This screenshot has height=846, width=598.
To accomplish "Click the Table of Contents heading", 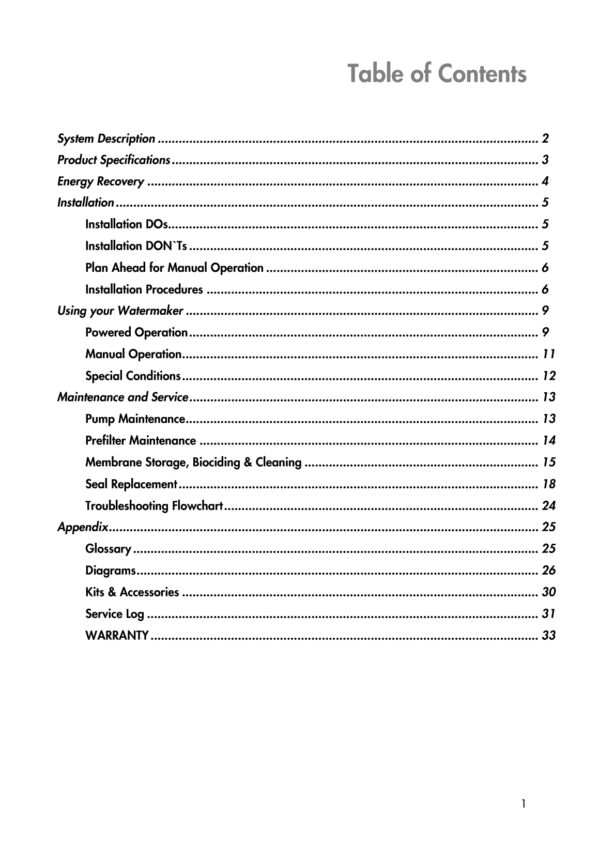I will [437, 73].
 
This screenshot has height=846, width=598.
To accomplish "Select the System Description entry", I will [106, 139].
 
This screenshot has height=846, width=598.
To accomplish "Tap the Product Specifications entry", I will [114, 160].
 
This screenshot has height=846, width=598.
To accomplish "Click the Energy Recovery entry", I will [101, 181].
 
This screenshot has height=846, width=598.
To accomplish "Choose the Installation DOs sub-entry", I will [126, 224].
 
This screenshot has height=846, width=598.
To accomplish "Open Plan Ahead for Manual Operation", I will [174, 268].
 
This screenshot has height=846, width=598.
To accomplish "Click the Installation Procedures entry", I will [144, 289].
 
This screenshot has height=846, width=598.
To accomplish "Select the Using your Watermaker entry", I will [120, 311].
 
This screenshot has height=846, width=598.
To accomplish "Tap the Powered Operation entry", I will [136, 332].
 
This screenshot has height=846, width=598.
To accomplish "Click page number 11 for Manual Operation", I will [548, 354].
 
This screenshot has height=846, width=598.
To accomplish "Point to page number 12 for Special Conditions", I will [548, 376].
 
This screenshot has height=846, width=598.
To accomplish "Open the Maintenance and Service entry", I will [122, 397].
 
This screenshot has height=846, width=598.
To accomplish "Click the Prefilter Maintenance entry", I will [141, 441].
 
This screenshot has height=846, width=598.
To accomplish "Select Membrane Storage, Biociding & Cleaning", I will [193, 462].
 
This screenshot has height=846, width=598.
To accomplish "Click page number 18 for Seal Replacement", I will [548, 484].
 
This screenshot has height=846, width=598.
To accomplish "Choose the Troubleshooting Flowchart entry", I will [154, 505].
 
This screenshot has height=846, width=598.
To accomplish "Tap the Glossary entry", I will [108, 549].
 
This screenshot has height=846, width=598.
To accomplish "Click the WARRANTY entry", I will [117, 635].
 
